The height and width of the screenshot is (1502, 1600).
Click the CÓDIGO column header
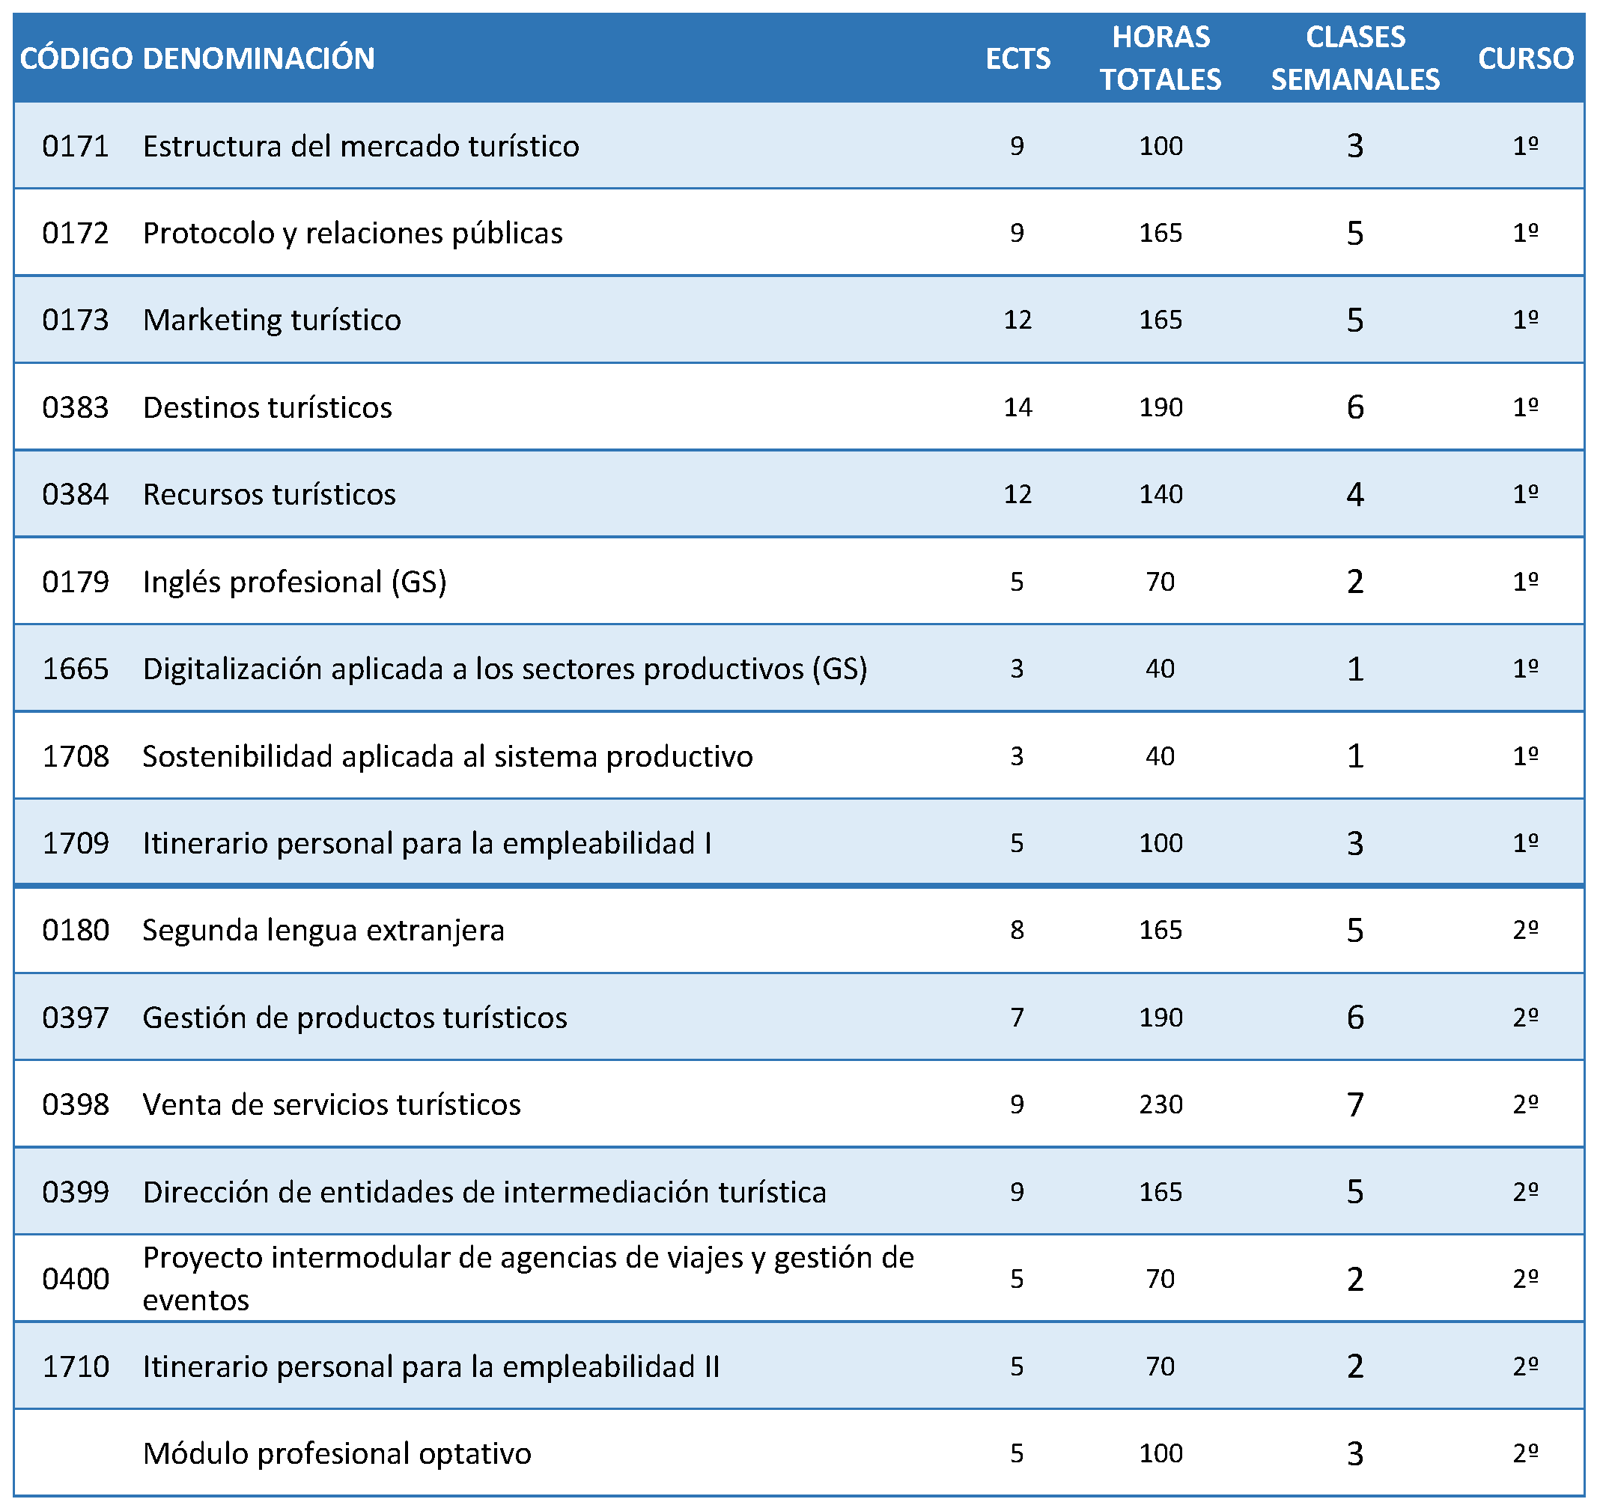pos(76,58)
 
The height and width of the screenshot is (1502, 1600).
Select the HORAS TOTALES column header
pos(1161,58)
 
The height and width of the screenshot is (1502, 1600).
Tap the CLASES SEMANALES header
pos(1355,58)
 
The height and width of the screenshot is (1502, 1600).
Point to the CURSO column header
pos(1526,58)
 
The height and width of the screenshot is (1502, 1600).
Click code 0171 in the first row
pos(76,146)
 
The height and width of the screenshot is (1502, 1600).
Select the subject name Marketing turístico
pos(272,320)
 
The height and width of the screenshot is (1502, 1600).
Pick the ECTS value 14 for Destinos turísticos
pos(1018,407)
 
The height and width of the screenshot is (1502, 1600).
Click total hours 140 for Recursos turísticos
pos(1161,494)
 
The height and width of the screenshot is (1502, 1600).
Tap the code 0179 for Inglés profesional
pos(76,581)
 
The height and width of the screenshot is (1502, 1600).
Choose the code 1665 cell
pos(76,669)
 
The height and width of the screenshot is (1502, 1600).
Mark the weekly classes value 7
pos(1355,1104)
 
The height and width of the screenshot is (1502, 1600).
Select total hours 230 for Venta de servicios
pos(1161,1104)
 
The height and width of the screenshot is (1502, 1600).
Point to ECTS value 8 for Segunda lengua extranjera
pos(1018,931)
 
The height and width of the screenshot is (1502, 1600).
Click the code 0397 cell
pos(76,1018)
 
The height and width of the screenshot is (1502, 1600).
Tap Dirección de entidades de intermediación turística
pos(484,1192)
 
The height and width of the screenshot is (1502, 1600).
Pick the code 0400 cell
pos(76,1279)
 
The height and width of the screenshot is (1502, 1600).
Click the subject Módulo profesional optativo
pos(337,1453)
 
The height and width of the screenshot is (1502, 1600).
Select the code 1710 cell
pos(76,1366)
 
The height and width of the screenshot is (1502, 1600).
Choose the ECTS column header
pos(1018,58)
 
